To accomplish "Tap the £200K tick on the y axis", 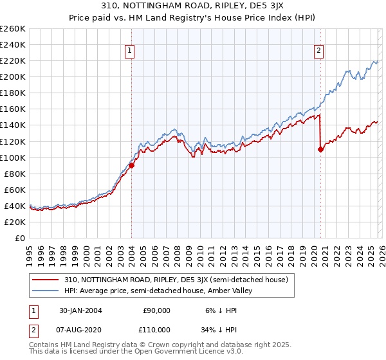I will click(x=12, y=76).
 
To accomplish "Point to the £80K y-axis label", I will click(x=14, y=174).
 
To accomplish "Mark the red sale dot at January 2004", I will click(x=132, y=165).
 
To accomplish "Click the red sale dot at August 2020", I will click(x=320, y=149).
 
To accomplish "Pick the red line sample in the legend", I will click(x=47, y=280).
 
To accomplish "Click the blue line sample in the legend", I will click(x=47, y=291).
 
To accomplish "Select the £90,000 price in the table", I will click(x=156, y=310).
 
